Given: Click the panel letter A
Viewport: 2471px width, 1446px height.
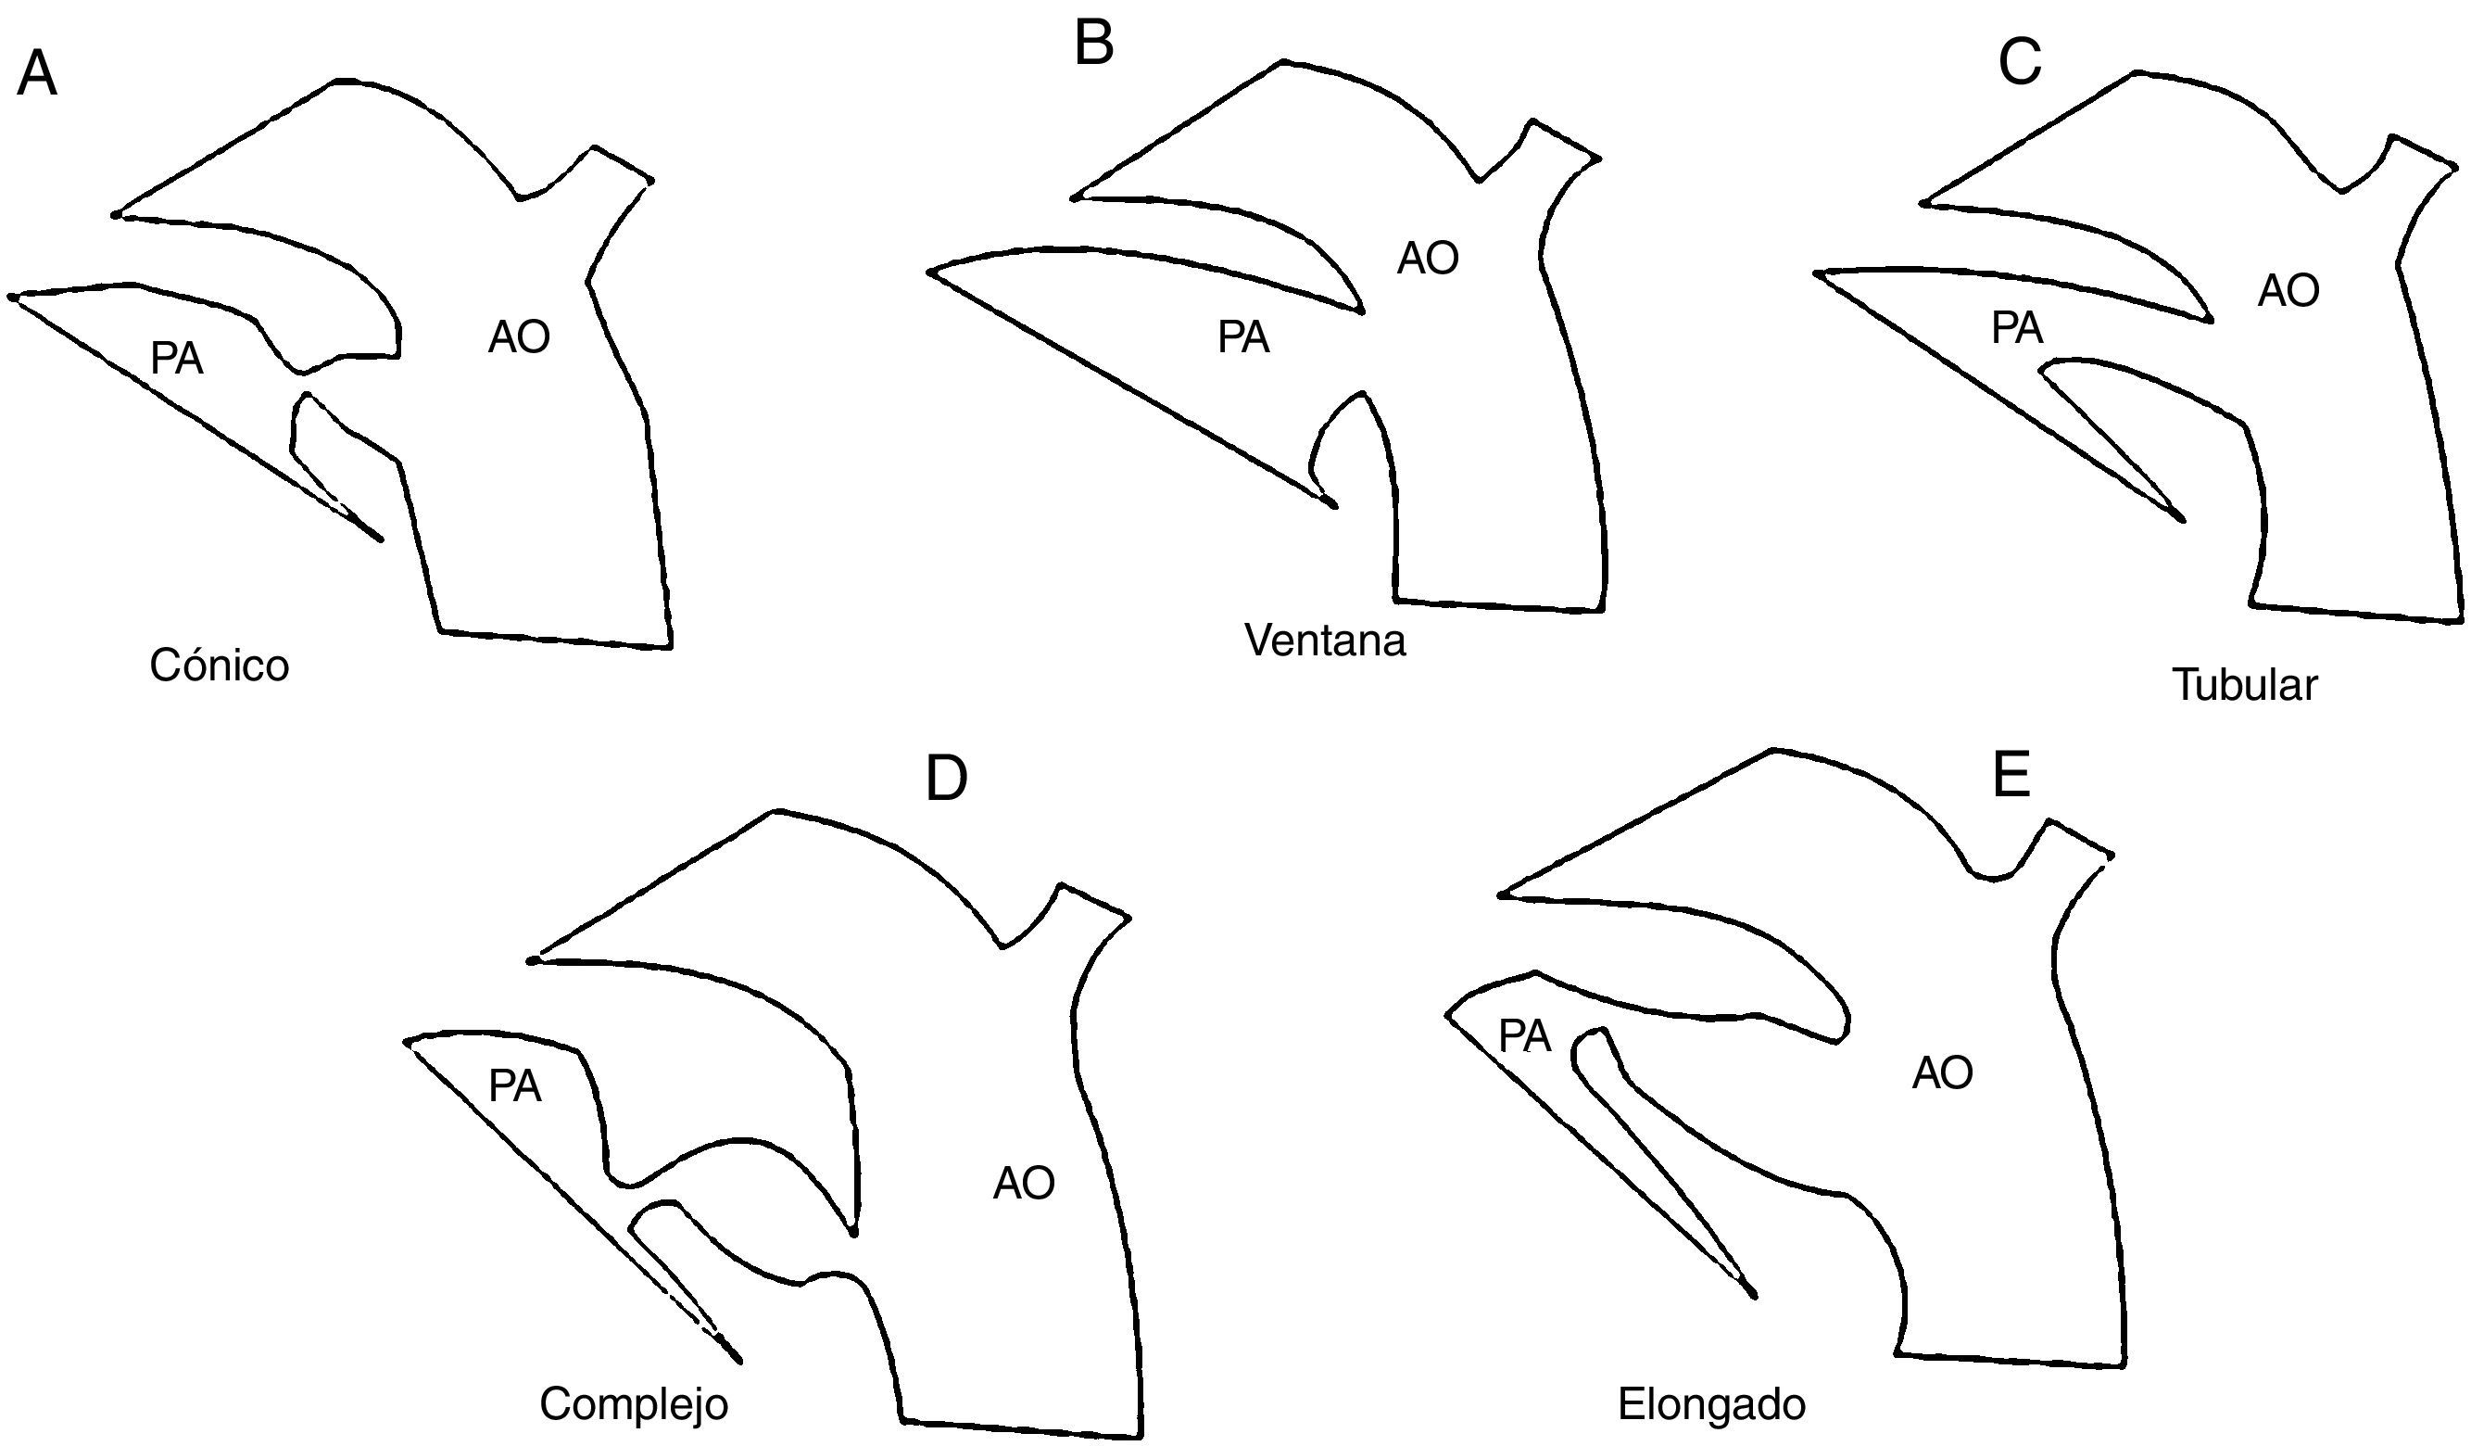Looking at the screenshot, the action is (x=37, y=74).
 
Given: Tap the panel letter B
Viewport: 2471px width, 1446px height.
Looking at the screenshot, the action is (x=1094, y=45).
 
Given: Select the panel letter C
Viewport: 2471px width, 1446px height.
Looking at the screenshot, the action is (x=2020, y=64).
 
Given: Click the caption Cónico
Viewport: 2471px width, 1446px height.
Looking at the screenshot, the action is (x=219, y=666).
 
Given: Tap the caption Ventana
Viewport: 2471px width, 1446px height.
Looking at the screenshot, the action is (x=1325, y=641).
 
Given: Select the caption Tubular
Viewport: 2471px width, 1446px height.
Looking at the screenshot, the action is (x=2245, y=685).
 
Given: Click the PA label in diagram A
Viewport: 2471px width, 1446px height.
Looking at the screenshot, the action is (x=176, y=359).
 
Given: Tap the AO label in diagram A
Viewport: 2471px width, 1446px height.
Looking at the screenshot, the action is (x=519, y=337).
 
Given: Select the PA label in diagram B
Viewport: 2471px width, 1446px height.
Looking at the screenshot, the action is (x=1243, y=337).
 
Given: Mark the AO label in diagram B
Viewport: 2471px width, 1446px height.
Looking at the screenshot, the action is (x=1428, y=258).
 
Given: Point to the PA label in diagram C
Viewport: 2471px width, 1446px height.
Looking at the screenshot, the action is (x=2017, y=327).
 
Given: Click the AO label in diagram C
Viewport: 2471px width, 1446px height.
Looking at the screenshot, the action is (x=2288, y=290).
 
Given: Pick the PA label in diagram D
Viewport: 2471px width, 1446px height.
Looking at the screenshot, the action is (x=515, y=1087).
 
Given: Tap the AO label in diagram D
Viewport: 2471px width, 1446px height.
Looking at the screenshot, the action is (x=1024, y=1184).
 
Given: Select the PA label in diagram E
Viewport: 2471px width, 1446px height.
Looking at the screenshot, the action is (x=1525, y=1037).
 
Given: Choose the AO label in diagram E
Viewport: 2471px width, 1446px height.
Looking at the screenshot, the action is (x=1943, y=1073).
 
